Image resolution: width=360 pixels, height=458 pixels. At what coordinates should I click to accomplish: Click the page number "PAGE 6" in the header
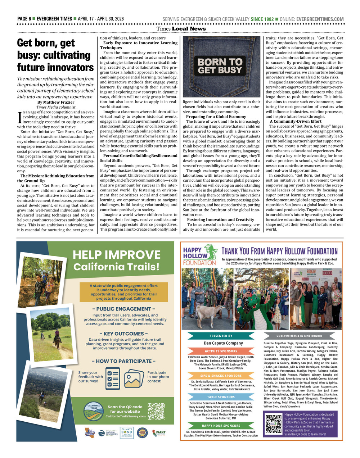click(x=24, y=19)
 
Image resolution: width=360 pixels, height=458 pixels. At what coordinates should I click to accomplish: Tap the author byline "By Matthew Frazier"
click(x=55, y=102)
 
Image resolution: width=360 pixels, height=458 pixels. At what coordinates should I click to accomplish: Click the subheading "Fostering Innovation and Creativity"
click(x=220, y=219)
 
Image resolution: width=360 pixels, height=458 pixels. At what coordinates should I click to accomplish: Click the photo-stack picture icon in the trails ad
click(x=134, y=377)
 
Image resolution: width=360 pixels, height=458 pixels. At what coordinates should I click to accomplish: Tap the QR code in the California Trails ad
click(x=156, y=411)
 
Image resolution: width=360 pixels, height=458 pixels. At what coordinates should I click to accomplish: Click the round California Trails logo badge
click(x=94, y=411)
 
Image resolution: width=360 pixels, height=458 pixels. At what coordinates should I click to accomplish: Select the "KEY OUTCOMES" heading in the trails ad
click(x=123, y=334)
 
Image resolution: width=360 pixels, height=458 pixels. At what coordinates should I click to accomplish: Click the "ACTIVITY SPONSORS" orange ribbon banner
click(x=221, y=351)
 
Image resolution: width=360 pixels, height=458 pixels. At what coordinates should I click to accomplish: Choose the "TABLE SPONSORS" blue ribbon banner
click(x=221, y=397)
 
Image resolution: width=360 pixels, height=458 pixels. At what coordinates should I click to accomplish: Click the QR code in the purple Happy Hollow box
click(x=273, y=424)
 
